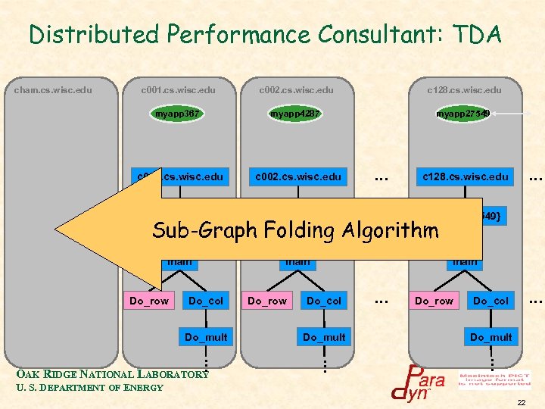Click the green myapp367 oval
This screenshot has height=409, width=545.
point(177,114)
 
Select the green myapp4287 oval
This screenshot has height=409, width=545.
point(295,114)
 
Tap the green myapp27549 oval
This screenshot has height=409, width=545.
point(462,114)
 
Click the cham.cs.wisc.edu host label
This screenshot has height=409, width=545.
point(53,90)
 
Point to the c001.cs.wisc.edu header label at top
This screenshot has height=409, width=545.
point(178,90)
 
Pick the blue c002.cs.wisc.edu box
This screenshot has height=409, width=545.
point(297,177)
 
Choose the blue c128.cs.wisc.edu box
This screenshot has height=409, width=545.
point(464,177)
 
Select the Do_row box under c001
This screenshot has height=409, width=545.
point(149,301)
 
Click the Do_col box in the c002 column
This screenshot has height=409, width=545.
point(323,301)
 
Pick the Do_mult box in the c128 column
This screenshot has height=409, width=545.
point(490,337)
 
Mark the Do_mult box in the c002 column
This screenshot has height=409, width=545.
point(324,337)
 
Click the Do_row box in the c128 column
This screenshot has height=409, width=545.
point(434,301)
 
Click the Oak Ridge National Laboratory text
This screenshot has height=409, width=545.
point(112,373)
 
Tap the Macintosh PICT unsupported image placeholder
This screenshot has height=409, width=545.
point(505,378)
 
